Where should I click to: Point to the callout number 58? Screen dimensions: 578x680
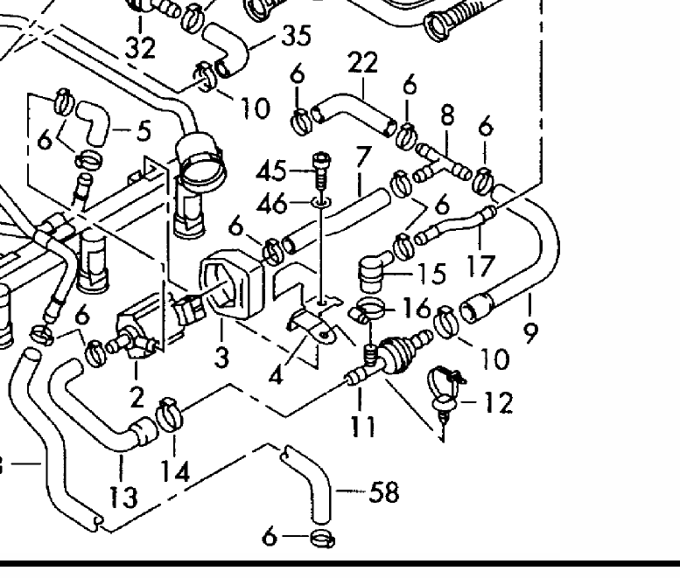383,493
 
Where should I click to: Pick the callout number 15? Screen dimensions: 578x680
430,275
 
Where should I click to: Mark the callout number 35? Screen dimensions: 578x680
297,37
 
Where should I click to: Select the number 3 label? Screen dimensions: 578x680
222,359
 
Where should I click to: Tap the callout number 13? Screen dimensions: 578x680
123,497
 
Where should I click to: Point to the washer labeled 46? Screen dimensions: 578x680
322,203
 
